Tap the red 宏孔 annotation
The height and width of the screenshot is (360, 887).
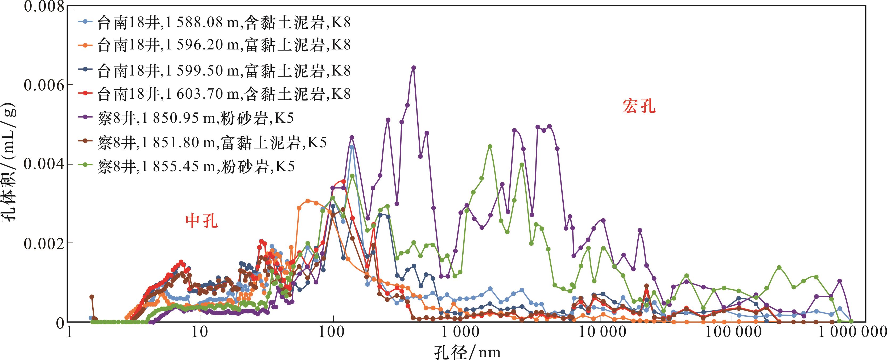639,106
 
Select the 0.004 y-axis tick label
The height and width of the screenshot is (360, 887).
44,164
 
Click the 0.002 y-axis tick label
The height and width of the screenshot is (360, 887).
44,243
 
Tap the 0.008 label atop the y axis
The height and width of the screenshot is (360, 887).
44,7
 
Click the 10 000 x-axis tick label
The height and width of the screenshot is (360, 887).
599,332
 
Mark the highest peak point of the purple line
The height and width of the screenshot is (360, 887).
414,68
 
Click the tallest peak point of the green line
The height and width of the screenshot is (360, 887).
490,146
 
